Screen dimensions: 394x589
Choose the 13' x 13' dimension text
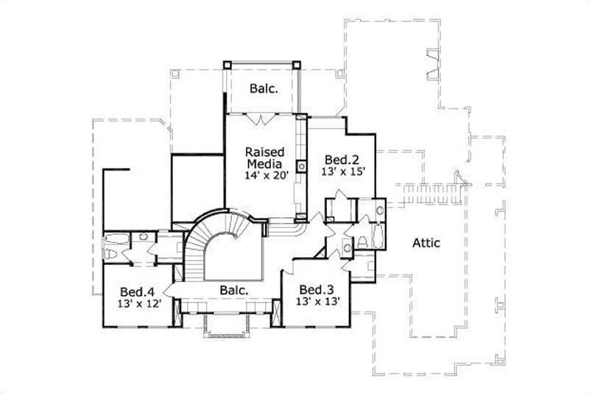pos(317,301)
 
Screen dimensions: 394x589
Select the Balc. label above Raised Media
pos(263,89)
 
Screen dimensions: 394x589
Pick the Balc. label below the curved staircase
pos(233,290)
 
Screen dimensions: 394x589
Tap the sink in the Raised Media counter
pos(301,165)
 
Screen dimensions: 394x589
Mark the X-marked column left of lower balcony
pos(177,310)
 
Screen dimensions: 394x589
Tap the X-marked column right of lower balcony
pos(276,310)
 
